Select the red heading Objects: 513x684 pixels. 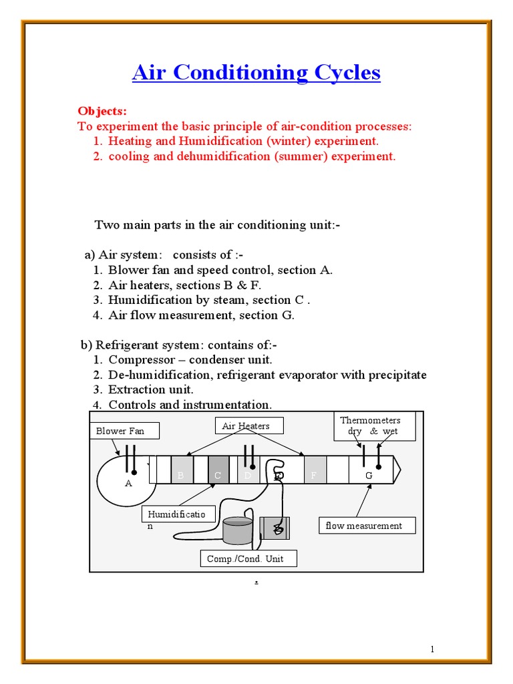point(102,111)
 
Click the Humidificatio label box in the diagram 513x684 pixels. point(178,518)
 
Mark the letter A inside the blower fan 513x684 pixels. point(129,483)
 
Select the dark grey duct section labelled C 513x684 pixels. point(218,470)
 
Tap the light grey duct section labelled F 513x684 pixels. point(315,470)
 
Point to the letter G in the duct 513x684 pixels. point(368,476)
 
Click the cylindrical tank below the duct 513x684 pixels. point(238,531)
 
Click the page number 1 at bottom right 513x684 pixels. point(432,649)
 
